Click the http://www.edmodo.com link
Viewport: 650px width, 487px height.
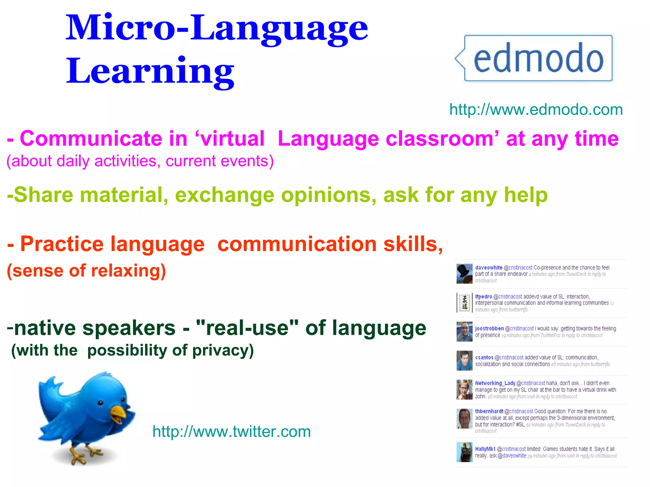point(536,110)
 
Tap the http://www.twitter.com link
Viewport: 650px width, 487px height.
point(231,432)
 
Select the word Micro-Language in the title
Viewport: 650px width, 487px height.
point(216,29)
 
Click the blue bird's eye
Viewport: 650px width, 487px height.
point(100,403)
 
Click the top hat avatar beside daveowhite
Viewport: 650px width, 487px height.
point(464,274)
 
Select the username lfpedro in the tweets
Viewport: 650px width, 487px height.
point(483,297)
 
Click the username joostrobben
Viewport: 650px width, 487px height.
point(489,329)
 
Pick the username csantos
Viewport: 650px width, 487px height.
point(484,358)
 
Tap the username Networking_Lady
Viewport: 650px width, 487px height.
point(495,383)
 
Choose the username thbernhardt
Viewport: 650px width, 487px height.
point(489,412)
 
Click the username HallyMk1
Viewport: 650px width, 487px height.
point(485,449)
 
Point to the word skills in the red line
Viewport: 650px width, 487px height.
point(413,244)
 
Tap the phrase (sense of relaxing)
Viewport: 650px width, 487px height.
point(86,271)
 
